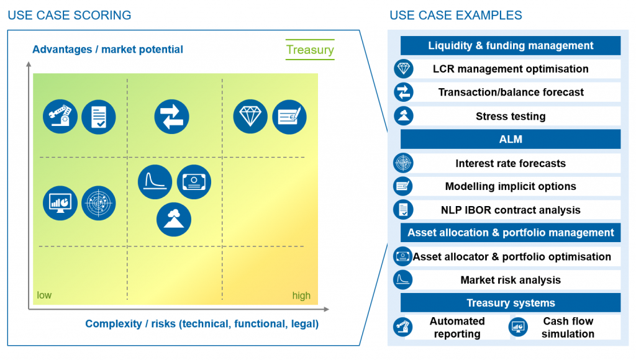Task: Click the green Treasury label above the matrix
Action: click(310, 50)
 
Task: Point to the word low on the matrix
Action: click(44, 295)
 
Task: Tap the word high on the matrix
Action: click(301, 295)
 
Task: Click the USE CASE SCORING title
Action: click(70, 16)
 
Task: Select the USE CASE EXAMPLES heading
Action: click(455, 16)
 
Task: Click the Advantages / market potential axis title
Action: click(107, 50)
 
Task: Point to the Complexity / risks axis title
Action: click(202, 323)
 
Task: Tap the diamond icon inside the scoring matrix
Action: click(250, 117)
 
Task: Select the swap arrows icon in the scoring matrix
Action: click(171, 117)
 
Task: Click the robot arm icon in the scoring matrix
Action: click(60, 117)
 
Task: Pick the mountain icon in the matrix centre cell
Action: click(174, 218)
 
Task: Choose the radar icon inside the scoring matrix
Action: click(99, 203)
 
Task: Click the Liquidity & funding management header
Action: click(511, 45)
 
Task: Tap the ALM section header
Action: click(511, 139)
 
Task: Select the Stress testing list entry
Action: click(511, 116)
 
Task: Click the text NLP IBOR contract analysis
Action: click(511, 210)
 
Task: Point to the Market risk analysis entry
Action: click(511, 280)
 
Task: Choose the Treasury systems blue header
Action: click(511, 303)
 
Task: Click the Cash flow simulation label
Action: click(568, 327)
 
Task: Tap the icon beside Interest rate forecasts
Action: click(403, 163)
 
